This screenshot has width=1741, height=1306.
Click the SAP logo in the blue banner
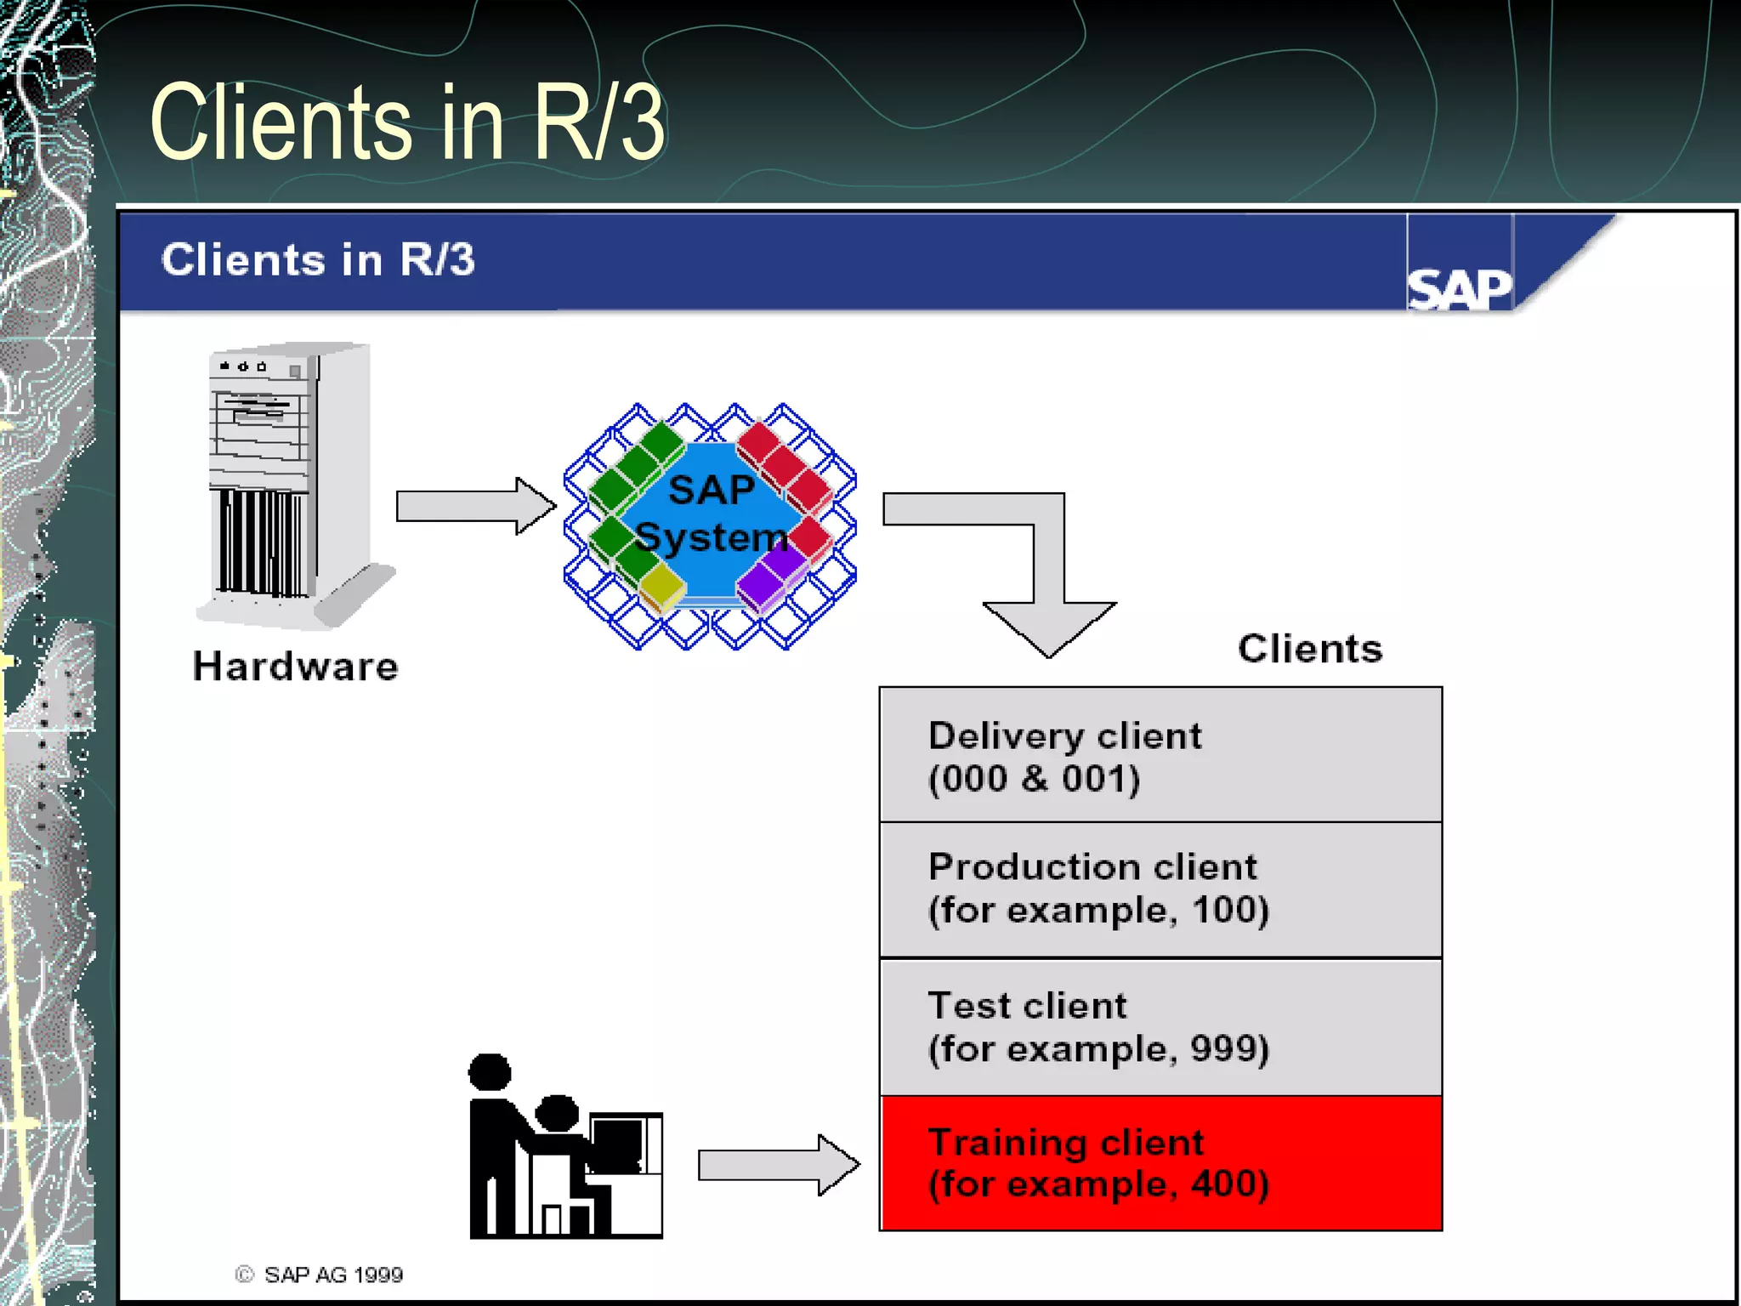pyautogui.click(x=1460, y=288)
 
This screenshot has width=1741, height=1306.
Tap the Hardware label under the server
pyautogui.click(x=295, y=666)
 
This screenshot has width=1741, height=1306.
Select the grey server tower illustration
pyautogui.click(x=289, y=485)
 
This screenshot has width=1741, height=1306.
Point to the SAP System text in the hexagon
pyautogui.click(x=711, y=513)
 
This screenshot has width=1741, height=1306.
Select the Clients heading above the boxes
pyautogui.click(x=1309, y=649)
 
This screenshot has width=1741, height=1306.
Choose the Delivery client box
pyautogui.click(x=1160, y=755)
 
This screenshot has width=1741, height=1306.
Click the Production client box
pyautogui.click(x=1160, y=889)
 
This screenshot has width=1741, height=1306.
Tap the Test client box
pyautogui.click(x=1160, y=1026)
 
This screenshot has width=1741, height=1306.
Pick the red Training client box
pyautogui.click(x=1160, y=1162)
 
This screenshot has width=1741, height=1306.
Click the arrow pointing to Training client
pyautogui.click(x=778, y=1164)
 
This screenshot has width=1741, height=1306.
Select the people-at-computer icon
pyautogui.click(x=565, y=1148)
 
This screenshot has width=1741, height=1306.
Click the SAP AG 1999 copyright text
pyautogui.click(x=332, y=1275)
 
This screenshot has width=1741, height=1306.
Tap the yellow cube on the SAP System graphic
pyautogui.click(x=661, y=586)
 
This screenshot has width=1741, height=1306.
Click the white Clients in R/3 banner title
pyautogui.click(x=318, y=259)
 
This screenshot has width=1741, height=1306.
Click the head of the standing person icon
pyautogui.click(x=490, y=1071)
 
